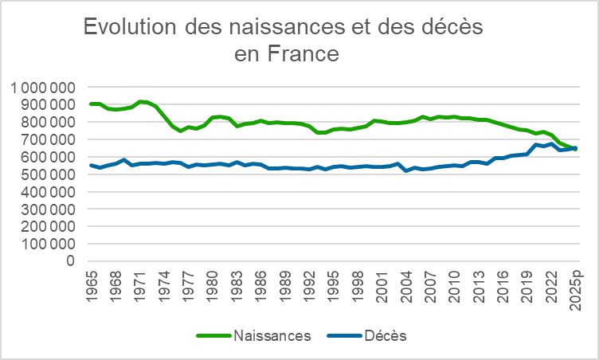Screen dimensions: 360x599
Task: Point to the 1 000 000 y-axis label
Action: click(x=45, y=87)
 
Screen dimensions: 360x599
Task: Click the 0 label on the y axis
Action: click(x=71, y=260)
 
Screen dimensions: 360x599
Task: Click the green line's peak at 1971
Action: click(x=140, y=101)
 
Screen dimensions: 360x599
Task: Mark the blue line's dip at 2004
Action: click(x=406, y=170)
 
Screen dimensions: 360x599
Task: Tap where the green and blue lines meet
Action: click(x=573, y=148)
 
